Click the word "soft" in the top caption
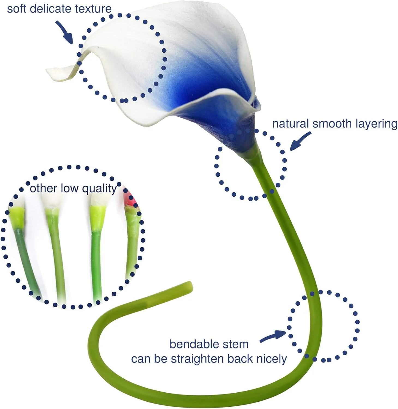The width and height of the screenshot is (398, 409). tap(16, 9)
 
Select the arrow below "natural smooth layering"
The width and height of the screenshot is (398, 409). tap(300, 141)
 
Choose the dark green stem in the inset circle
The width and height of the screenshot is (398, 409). tap(26, 259)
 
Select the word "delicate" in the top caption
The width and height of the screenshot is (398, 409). tap(51, 9)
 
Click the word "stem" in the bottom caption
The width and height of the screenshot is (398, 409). tap(237, 344)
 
